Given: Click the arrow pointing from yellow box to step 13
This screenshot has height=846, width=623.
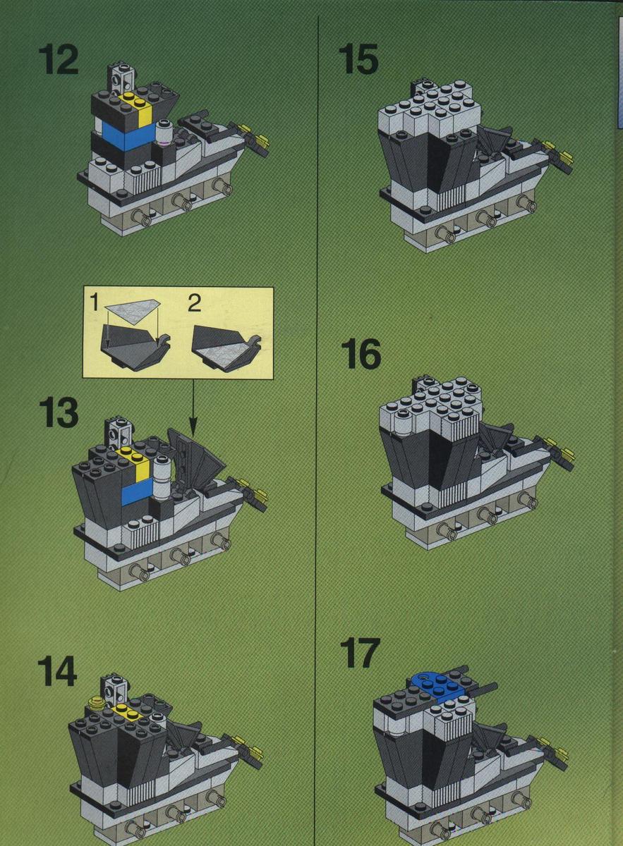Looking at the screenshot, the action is pyautogui.click(x=193, y=409).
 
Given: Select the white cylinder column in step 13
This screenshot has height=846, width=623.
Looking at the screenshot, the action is pyautogui.click(x=162, y=478).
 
